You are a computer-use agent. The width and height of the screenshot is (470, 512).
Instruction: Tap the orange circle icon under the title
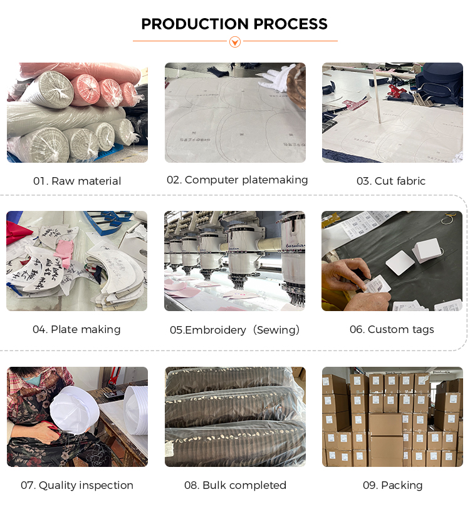coord(235,42)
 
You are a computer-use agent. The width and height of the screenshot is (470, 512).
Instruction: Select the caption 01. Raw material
coord(77,181)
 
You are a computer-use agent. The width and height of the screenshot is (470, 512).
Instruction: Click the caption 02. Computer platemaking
coord(237,180)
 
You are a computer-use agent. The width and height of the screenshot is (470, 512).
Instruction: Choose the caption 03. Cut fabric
coord(391,181)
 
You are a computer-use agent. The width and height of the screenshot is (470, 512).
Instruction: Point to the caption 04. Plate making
coord(76,329)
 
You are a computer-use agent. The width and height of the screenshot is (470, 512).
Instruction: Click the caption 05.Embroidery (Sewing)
coord(235,330)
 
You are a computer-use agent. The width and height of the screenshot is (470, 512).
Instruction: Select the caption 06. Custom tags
coord(392,329)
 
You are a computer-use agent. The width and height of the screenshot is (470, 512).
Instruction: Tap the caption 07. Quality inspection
coord(77,485)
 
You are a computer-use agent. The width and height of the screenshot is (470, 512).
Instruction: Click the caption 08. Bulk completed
coord(235,485)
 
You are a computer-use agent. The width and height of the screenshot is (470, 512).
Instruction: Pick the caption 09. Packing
coord(392,485)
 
